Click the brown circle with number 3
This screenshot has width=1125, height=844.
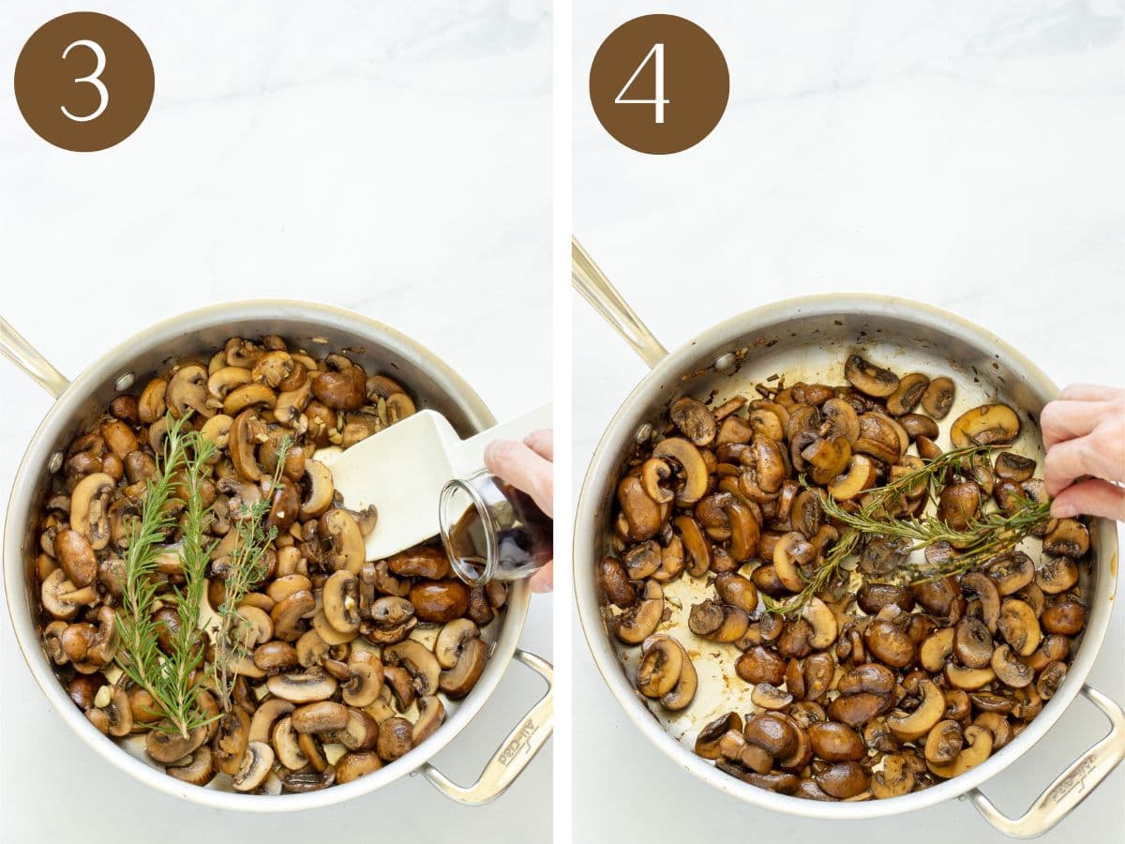click(83, 82)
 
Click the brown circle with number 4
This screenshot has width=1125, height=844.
click(659, 83)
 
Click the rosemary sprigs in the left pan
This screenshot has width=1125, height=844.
click(169, 581)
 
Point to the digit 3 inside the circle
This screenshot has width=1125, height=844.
click(83, 82)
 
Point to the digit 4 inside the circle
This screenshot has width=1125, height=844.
click(644, 83)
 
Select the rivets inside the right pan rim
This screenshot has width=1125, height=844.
click(725, 361)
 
